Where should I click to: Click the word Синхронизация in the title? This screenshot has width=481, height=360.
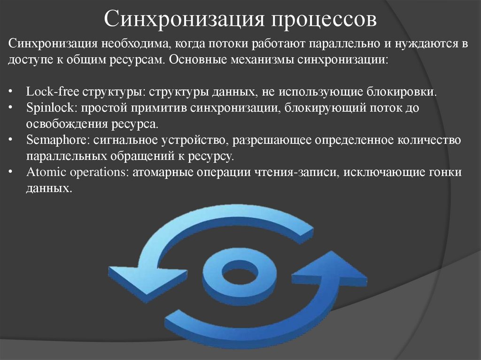click(183, 20)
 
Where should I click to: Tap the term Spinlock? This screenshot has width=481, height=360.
click(51, 108)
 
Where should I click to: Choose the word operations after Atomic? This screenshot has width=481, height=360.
click(97, 172)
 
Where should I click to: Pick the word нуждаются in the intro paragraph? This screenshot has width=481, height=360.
click(427, 44)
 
